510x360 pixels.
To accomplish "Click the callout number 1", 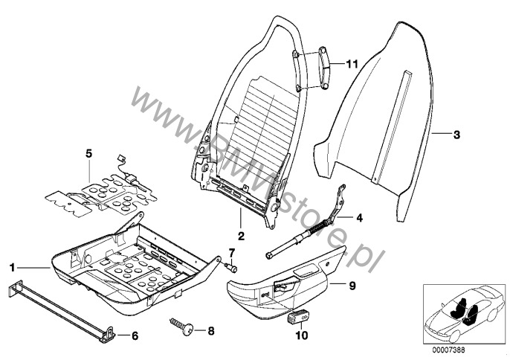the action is (x=13, y=268).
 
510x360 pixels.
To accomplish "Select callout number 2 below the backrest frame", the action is (x=241, y=236).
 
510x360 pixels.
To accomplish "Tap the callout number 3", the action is (x=456, y=135).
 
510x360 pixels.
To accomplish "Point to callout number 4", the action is (x=359, y=218).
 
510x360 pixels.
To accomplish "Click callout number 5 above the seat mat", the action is (x=88, y=153).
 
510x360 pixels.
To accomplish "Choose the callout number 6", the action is (x=135, y=335).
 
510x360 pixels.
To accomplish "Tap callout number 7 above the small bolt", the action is (x=231, y=252).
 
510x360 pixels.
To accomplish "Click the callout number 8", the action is (x=211, y=331).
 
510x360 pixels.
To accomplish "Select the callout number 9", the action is (x=352, y=286).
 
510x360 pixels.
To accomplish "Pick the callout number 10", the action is (x=302, y=335).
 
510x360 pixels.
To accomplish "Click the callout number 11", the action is (x=351, y=64).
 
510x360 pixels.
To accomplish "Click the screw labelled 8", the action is (x=182, y=327).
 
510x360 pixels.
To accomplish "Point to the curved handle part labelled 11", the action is (x=323, y=68).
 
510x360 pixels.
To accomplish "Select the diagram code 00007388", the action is (x=448, y=350).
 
